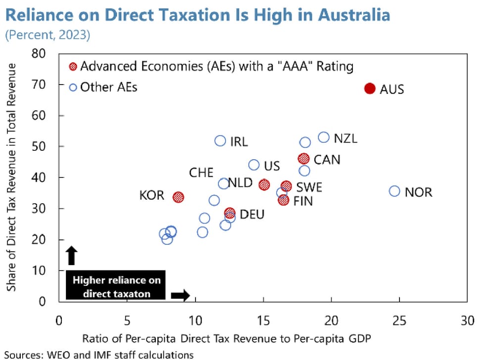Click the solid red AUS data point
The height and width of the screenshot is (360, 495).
pyautogui.click(x=369, y=88)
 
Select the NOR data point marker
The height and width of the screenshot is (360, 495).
pyautogui.click(x=394, y=191)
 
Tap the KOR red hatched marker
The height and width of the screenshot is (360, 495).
pyautogui.click(x=178, y=197)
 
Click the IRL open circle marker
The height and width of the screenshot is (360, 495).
pyautogui.click(x=220, y=141)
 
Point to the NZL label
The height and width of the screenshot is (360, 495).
pyautogui.click(x=345, y=138)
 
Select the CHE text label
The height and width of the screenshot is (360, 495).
pyautogui.click(x=201, y=173)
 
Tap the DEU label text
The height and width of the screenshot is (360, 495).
pyautogui.click(x=252, y=214)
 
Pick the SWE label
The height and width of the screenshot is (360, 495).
pyautogui.click(x=309, y=187)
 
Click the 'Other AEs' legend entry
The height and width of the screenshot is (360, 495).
pyautogui.click(x=108, y=87)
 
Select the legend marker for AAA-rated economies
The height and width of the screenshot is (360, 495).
pyautogui.click(x=73, y=66)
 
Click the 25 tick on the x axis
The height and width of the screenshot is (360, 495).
pyautogui.click(x=399, y=321)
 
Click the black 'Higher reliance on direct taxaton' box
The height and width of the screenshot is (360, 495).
pyautogui.click(x=116, y=286)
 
